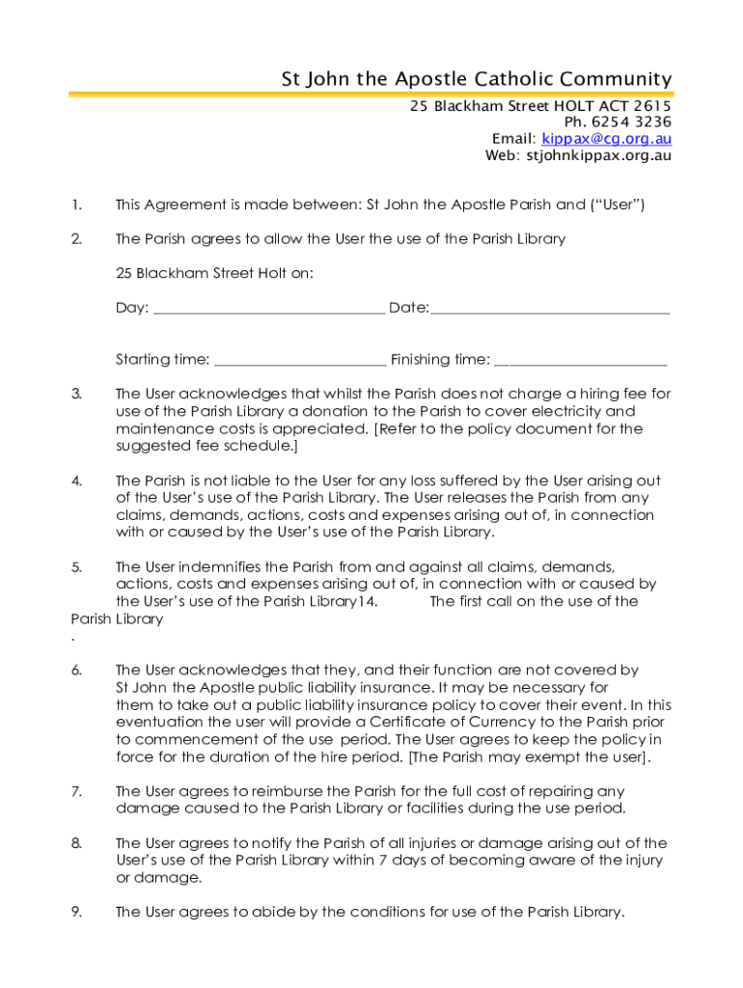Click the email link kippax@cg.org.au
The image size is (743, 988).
click(606, 139)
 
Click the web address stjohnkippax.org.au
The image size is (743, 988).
click(599, 155)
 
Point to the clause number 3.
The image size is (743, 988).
click(76, 394)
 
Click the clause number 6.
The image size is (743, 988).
click(76, 670)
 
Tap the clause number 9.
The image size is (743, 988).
click(76, 912)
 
